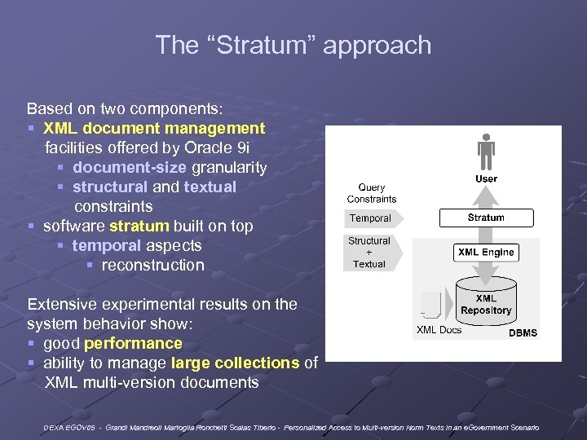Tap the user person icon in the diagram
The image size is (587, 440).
(486, 152)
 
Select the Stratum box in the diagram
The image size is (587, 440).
(486, 218)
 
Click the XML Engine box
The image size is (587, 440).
(486, 252)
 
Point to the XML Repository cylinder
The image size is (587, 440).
(486, 304)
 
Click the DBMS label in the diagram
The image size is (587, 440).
(523, 333)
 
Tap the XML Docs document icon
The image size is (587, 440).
(432, 305)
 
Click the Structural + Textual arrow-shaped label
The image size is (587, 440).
(371, 253)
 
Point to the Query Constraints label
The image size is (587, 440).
(371, 193)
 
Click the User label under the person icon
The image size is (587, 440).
(486, 178)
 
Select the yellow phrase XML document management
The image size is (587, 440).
(154, 128)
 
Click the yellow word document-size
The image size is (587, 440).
(130, 167)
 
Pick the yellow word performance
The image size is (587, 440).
(133, 343)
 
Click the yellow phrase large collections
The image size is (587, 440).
(236, 363)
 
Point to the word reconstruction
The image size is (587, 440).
(153, 265)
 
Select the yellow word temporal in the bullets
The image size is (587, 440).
(106, 245)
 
